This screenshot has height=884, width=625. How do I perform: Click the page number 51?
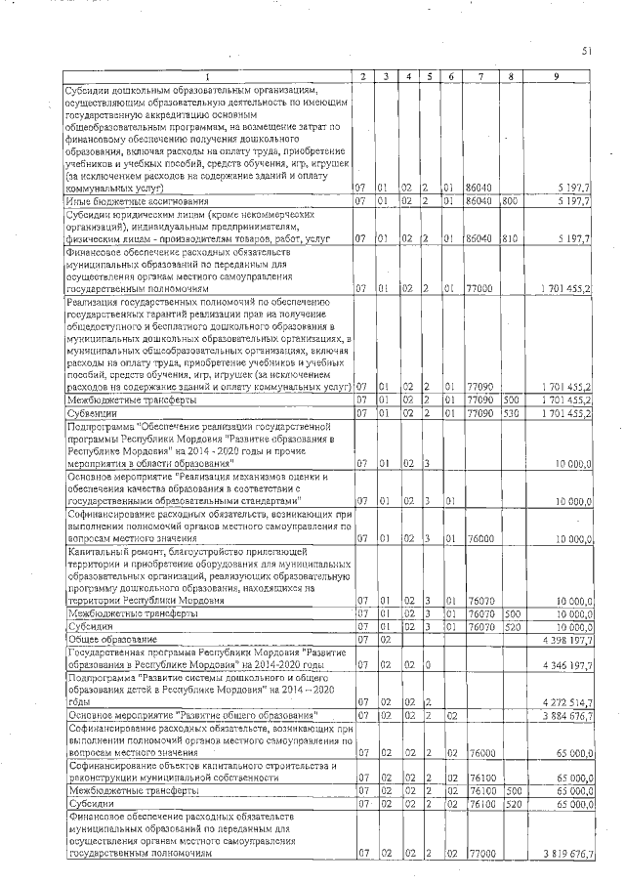tap(587, 50)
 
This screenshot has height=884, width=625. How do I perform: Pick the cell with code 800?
tap(510, 201)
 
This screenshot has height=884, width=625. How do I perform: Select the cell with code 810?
tap(510, 237)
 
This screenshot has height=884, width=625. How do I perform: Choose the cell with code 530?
tap(510, 413)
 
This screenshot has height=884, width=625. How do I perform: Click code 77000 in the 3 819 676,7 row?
tap(480, 855)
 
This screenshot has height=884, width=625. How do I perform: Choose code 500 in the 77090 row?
tap(510, 400)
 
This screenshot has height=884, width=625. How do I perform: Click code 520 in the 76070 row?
tap(510, 625)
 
